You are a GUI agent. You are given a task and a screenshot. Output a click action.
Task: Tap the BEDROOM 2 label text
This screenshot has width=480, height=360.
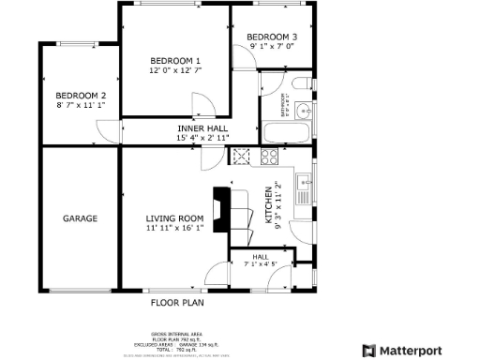(80, 96)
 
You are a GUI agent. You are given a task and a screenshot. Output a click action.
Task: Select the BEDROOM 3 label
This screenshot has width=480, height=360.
(272, 37)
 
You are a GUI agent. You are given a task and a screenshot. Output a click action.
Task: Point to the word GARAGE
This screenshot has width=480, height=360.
(81, 218)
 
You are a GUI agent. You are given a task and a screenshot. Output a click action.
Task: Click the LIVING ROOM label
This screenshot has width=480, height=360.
(174, 218)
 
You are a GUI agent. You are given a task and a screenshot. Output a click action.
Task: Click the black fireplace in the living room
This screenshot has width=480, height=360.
(221, 208)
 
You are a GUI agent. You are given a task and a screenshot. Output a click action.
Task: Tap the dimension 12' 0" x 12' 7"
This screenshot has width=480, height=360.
(174, 70)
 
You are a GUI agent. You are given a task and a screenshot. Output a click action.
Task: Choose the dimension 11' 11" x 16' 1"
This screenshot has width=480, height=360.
(174, 229)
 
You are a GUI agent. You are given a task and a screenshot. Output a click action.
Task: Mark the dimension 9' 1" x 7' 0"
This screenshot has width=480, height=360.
(272, 46)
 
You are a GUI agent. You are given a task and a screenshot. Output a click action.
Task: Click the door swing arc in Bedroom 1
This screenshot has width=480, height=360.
(201, 102)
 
